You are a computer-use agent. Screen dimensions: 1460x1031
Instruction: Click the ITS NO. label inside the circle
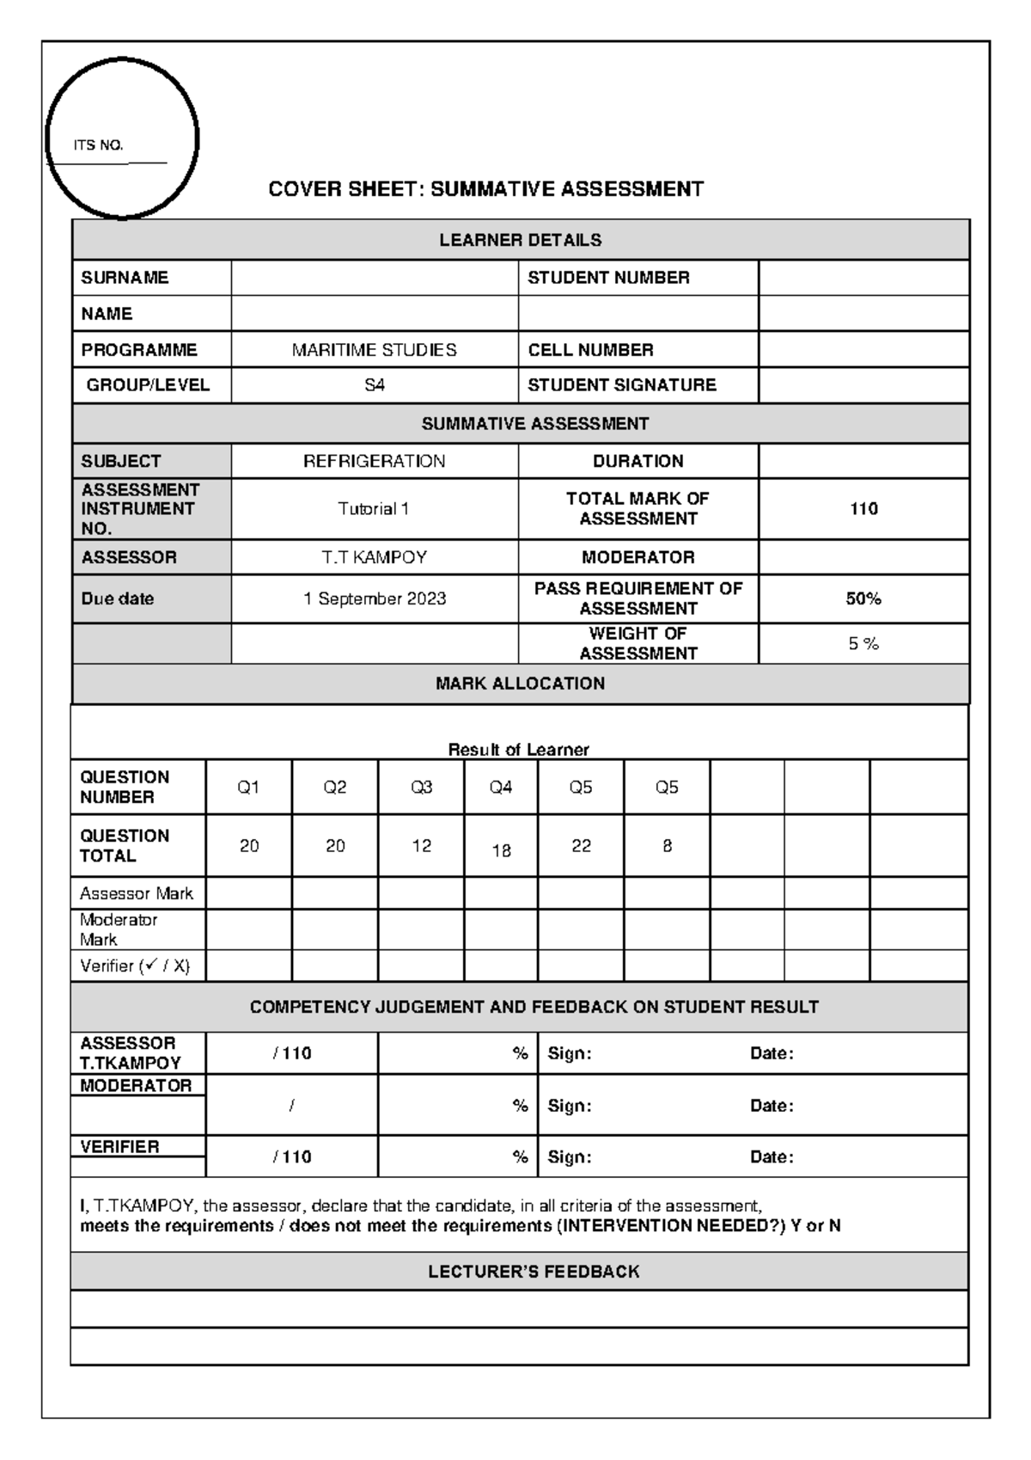click(98, 145)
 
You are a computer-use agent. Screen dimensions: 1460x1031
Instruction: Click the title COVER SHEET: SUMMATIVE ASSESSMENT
click(485, 189)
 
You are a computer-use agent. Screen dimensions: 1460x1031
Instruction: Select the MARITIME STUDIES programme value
click(374, 350)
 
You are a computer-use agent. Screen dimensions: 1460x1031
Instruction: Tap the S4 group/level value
click(374, 385)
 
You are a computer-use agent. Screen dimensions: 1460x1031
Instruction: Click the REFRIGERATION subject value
click(374, 461)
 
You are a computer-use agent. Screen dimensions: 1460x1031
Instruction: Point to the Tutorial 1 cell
click(374, 509)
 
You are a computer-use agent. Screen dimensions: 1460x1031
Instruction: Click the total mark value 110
click(863, 509)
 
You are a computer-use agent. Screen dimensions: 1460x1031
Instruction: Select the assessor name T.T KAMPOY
click(374, 557)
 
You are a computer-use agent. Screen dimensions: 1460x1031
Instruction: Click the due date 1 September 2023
click(374, 598)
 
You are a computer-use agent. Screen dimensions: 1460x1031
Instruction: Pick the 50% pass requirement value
click(863, 598)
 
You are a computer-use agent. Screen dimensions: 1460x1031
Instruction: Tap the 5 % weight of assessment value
click(863, 644)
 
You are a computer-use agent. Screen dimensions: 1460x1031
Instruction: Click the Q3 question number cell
click(421, 788)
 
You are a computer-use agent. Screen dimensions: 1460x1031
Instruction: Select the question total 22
click(581, 846)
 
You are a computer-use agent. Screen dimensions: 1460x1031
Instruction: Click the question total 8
click(667, 846)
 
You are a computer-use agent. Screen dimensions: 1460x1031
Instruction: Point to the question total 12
click(421, 846)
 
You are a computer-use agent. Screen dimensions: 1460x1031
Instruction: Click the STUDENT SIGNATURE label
click(621, 385)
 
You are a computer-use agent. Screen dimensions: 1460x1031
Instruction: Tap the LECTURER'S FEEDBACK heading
click(534, 1272)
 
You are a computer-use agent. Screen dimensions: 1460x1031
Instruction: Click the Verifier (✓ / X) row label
click(135, 966)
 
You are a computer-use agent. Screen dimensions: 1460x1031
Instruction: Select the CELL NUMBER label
click(590, 350)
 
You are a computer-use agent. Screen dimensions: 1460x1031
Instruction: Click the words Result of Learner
click(518, 750)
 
